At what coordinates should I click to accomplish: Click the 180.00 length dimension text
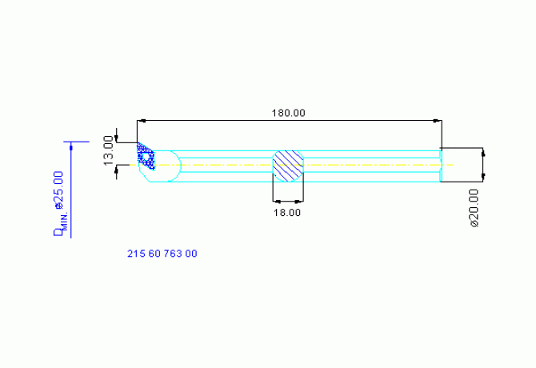tap(288, 113)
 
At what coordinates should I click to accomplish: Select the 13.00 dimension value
tap(110, 150)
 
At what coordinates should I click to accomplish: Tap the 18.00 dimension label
tap(287, 213)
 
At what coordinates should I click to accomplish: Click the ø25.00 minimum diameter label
tap(58, 190)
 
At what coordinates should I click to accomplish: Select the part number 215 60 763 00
tap(162, 254)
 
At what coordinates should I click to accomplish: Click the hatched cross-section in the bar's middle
tap(288, 165)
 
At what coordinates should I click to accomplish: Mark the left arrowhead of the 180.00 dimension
tap(141, 121)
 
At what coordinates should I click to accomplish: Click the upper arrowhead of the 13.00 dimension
tap(118, 135)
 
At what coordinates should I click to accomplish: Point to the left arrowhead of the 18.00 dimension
tap(276, 201)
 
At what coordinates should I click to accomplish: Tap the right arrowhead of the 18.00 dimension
tap(300, 201)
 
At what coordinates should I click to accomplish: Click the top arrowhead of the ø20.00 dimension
tap(482, 152)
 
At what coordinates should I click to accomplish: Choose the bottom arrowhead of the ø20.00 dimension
tap(482, 177)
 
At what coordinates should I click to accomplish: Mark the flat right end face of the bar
tap(441, 165)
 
